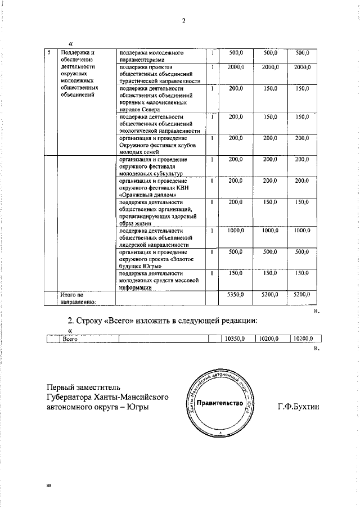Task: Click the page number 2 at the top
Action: [183, 21]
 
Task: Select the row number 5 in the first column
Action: [49, 52]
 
